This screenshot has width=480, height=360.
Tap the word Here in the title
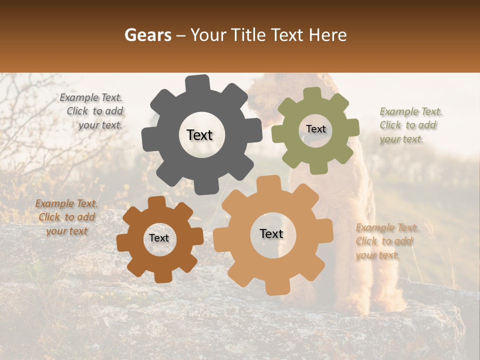pos(327,35)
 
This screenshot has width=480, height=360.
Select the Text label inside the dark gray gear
pos(199,135)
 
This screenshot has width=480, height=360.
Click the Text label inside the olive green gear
pos(315,129)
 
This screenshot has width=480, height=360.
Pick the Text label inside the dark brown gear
pos(159,238)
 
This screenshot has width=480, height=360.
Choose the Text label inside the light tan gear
pos(271,234)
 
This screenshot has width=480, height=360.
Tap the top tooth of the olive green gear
pos(312,94)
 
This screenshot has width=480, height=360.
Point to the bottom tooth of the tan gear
pos(275,287)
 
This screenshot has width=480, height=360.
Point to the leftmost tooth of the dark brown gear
pos(123,241)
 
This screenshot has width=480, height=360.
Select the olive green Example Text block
pos(409,125)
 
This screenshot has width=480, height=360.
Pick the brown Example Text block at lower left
pos(66,217)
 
